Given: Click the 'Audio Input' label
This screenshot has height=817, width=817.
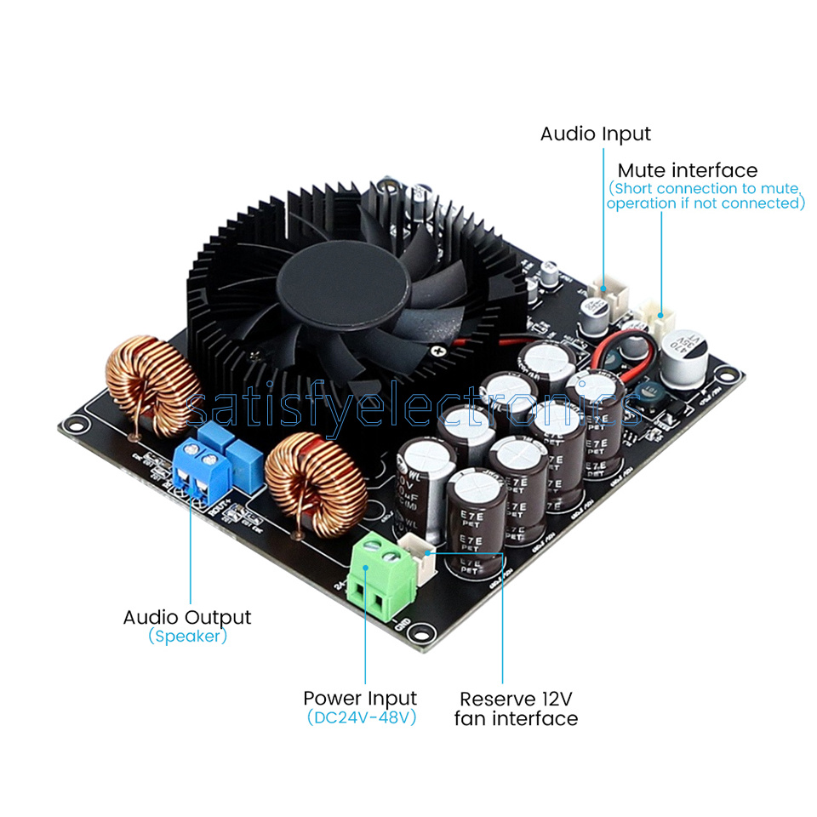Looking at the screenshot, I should pos(595,134).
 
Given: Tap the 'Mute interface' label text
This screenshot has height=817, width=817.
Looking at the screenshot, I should pos(687,171).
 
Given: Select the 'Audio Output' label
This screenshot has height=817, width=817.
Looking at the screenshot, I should pos(187,617).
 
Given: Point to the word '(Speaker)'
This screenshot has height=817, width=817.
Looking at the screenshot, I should pos(187,636).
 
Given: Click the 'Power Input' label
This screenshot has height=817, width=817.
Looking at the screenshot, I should pos(360,699).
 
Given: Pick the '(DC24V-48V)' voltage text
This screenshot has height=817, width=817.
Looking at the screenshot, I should pos(361,717).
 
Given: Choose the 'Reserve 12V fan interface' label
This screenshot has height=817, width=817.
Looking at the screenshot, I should pos(516,709).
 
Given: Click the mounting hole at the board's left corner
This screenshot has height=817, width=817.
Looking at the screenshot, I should pos(73,422).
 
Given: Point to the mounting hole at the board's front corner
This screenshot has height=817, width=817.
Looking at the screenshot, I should pos(420,631).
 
